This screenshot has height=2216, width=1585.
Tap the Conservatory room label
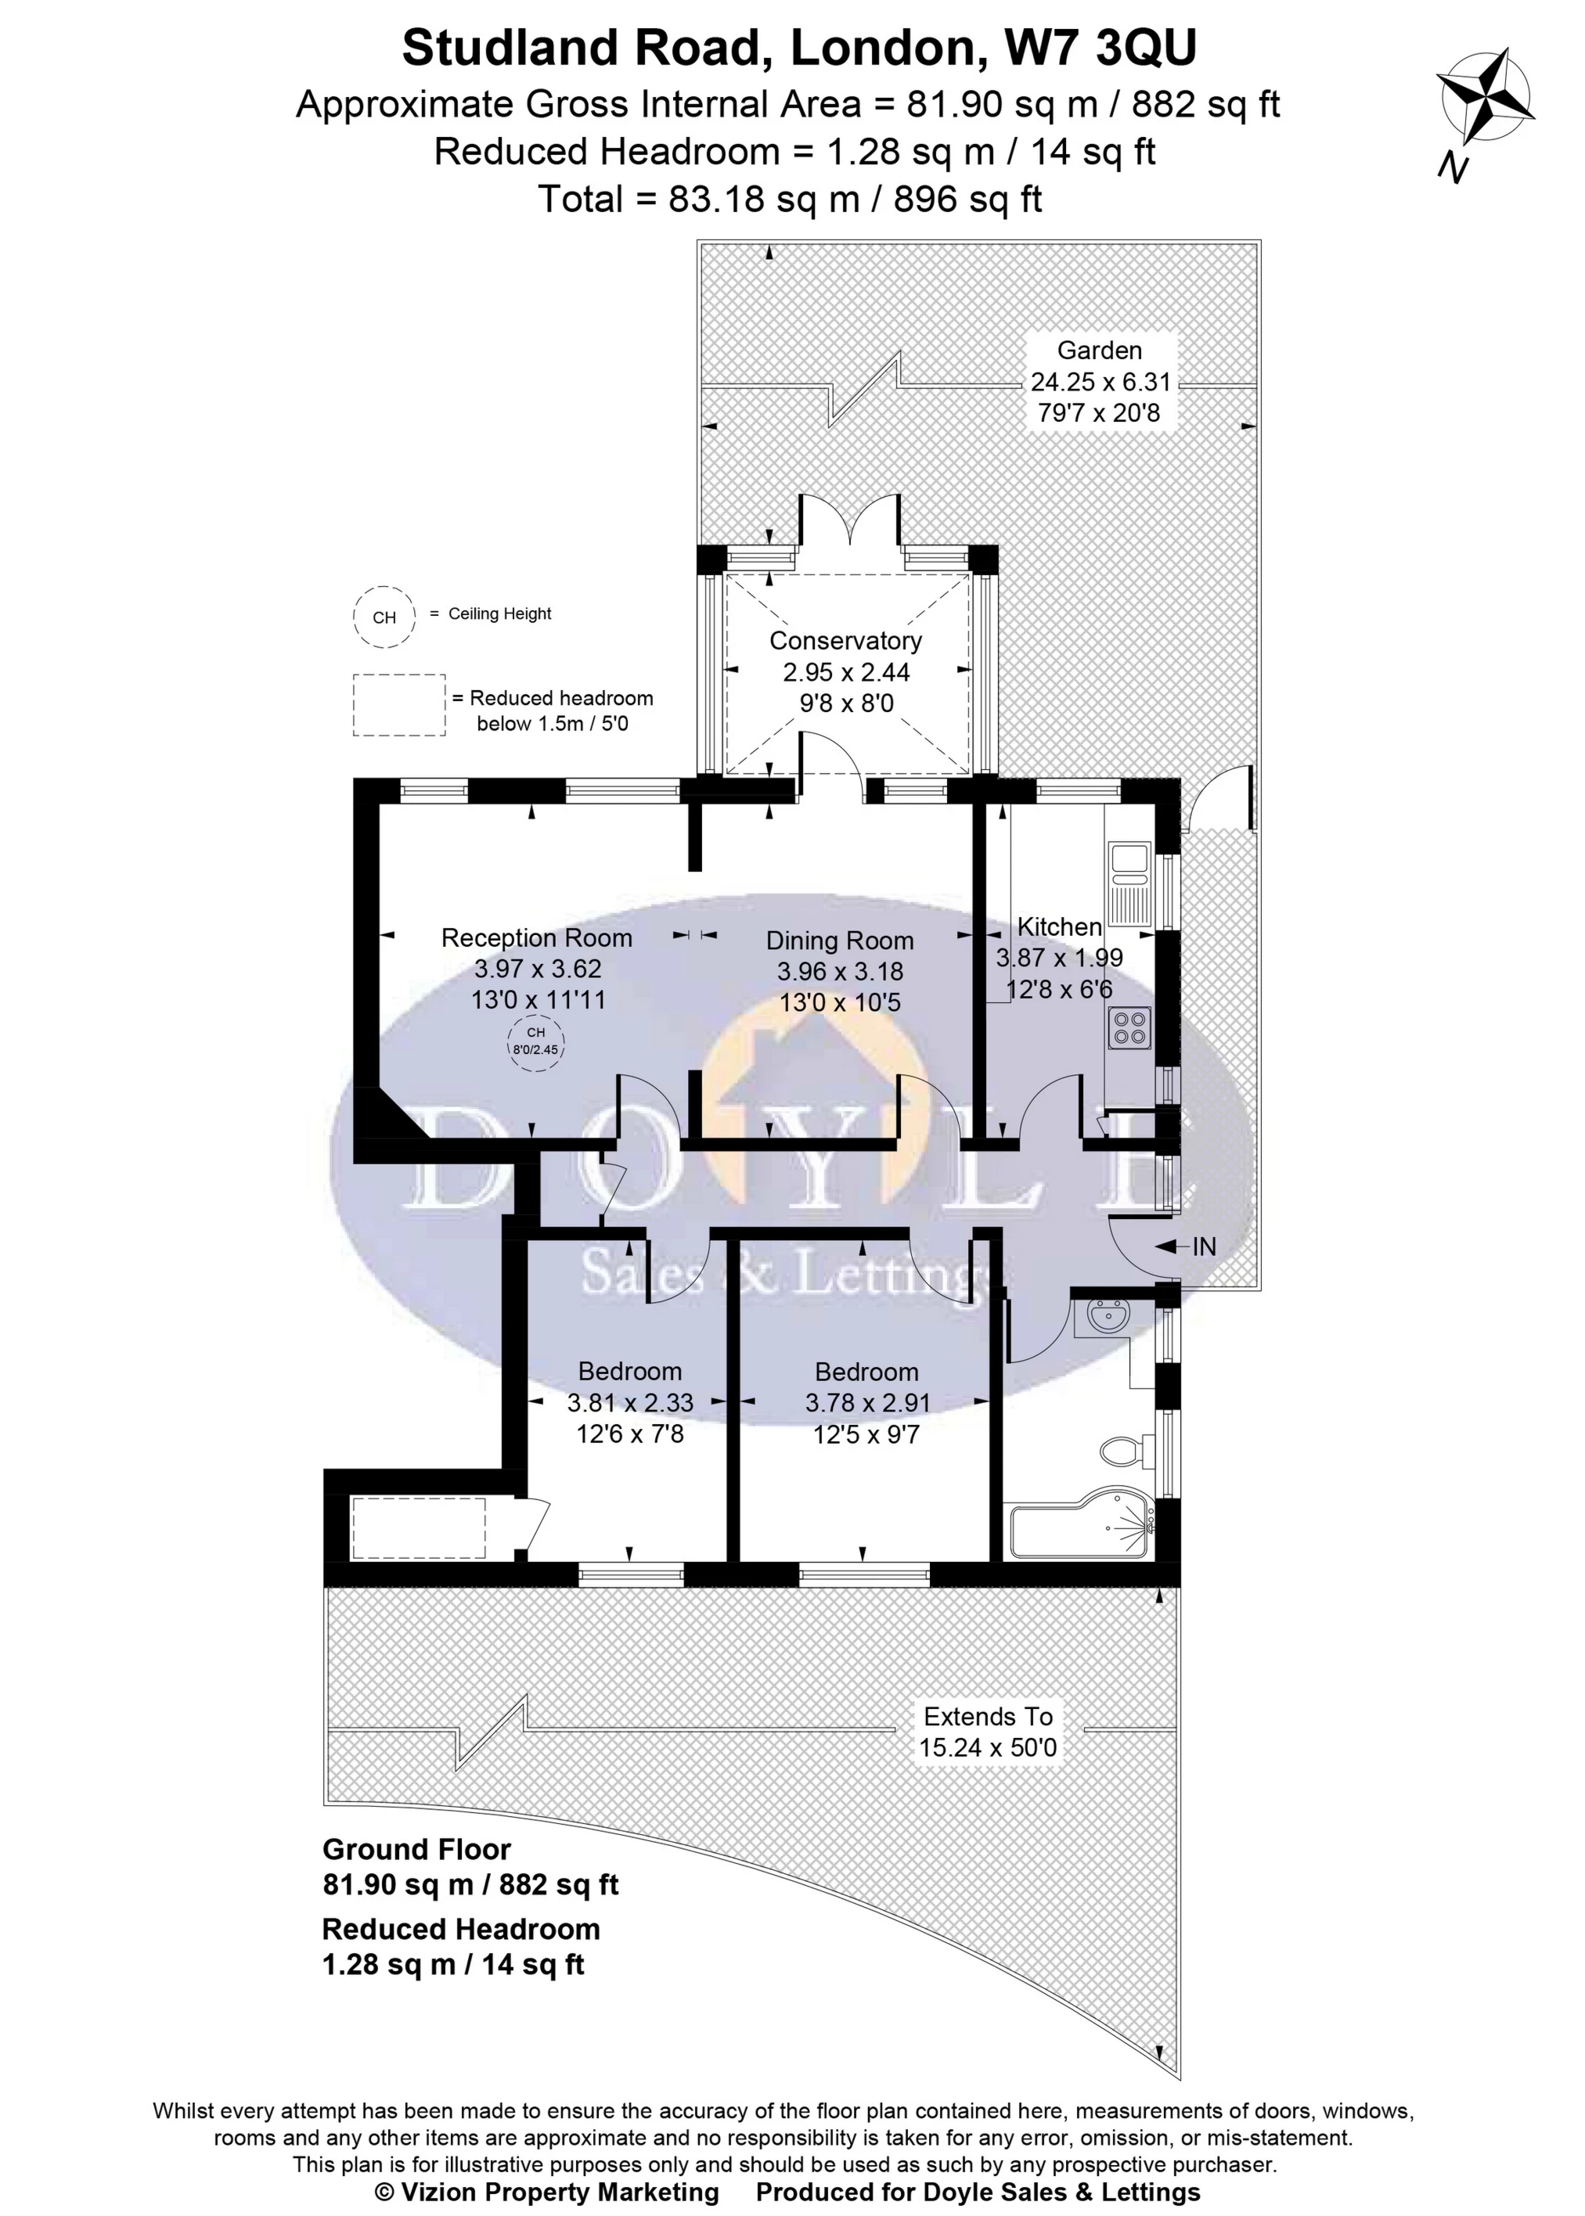tap(845, 641)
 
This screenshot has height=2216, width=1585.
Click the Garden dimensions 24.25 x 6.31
tap(1100, 382)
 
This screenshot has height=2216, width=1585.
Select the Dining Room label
tap(839, 941)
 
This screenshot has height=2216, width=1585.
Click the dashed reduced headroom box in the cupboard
tap(419, 1529)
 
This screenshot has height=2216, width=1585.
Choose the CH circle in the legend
tap(384, 617)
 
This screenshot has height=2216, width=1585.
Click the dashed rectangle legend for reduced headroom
tap(399, 704)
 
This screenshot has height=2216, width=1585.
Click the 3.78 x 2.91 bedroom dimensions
tap(866, 1402)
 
